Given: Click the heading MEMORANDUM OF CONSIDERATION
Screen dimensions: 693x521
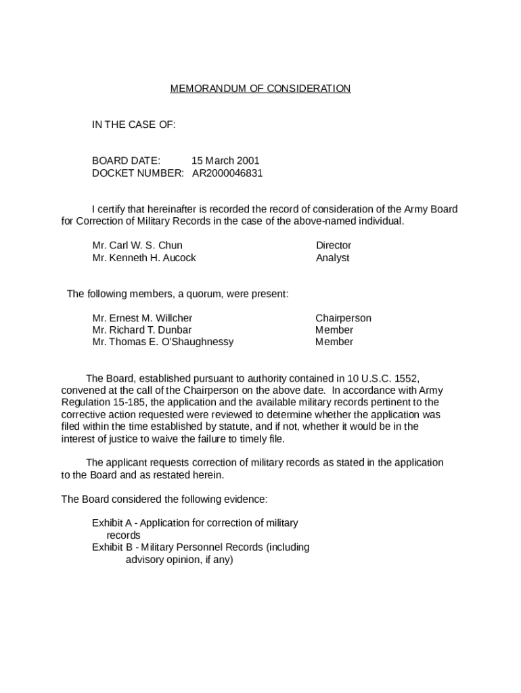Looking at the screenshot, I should tap(260, 89).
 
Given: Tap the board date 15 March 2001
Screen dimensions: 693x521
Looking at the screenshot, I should tap(225, 161).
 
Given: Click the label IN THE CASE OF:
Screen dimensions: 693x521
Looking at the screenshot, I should tap(133, 125).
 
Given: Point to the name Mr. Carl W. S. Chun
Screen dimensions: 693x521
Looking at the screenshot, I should tap(137, 246).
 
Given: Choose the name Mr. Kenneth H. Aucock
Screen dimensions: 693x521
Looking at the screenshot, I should tap(144, 258).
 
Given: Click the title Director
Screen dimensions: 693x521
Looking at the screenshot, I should tap(334, 246).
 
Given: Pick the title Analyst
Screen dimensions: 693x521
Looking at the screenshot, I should tap(332, 258).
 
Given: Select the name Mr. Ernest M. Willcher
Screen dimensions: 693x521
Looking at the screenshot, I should tap(142, 318).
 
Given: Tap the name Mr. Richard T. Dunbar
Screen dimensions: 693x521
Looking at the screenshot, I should tap(142, 330).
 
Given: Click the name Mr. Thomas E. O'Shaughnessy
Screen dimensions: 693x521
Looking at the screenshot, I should tap(162, 342).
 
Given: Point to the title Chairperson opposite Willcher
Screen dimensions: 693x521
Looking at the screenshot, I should tap(343, 318).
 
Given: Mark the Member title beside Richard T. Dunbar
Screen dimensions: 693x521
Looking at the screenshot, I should tap(334, 330).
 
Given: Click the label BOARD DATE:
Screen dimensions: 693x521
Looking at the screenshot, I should tap(126, 161).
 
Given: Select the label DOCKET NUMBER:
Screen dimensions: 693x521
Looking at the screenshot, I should tap(137, 173).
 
